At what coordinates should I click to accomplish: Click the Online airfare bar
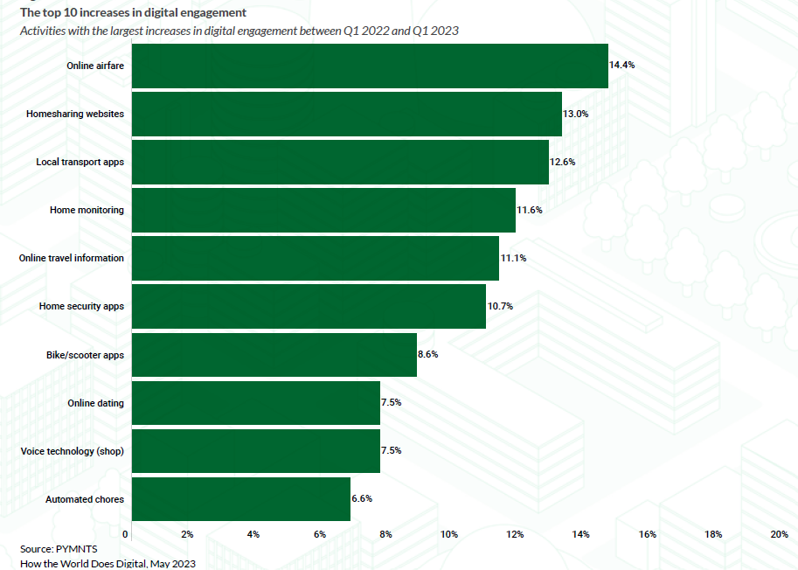[370, 66]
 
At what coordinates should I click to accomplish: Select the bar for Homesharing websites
[347, 114]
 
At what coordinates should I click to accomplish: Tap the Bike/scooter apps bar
[274, 355]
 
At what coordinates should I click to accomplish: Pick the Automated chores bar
[241, 499]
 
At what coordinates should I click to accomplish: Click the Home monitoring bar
[323, 210]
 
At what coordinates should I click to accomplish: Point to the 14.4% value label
[621, 66]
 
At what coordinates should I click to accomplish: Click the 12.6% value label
[563, 162]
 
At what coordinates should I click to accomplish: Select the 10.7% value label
[500, 307]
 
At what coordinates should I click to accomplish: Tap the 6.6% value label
[363, 499]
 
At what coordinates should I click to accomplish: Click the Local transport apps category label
[80, 162]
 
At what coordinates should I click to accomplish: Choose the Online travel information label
[72, 258]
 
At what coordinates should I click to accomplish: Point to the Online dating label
[95, 403]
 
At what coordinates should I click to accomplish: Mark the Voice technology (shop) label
[73, 451]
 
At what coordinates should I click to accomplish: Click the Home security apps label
[81, 307]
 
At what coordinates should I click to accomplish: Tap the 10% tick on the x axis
[449, 534]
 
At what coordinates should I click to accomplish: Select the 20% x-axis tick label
[779, 534]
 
